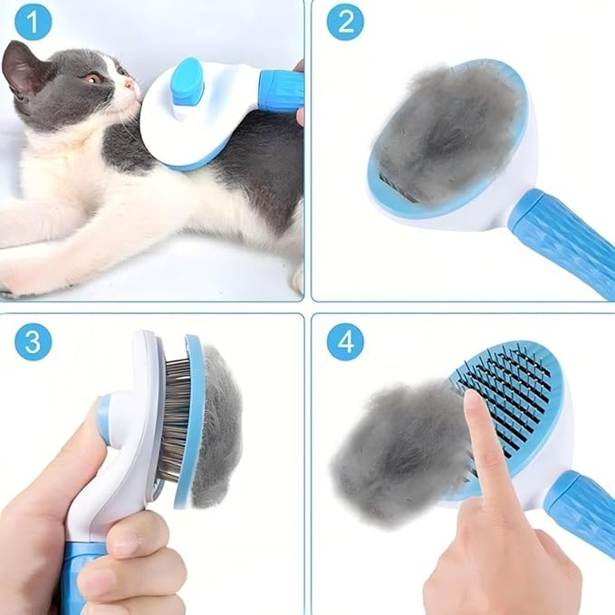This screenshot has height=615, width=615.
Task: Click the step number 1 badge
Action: pos(33,23)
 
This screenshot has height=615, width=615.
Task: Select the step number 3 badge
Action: pos(33,342)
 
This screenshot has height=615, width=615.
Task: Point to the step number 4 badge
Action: pos(345,342)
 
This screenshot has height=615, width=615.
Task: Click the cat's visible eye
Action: pos(92,79)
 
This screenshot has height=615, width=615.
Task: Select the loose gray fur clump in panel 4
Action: pos(389,453)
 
